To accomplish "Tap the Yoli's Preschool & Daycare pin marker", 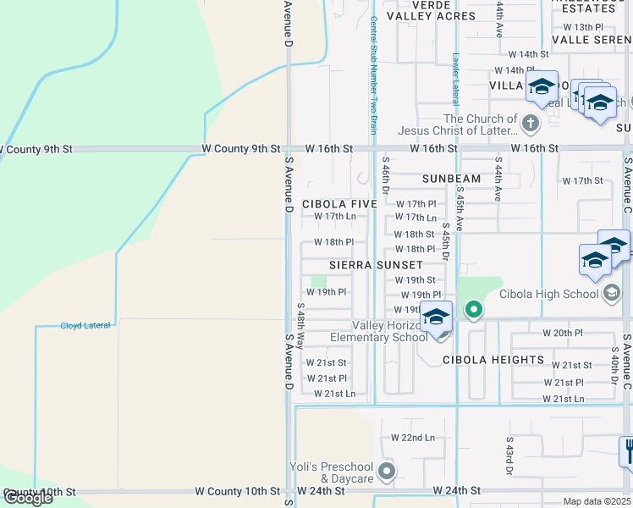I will point(387,471).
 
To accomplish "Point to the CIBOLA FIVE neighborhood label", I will point(339,204).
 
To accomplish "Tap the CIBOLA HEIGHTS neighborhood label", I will point(493,360).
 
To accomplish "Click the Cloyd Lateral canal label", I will point(85,325).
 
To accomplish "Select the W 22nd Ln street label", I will point(412,438).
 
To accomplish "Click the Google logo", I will point(27,498).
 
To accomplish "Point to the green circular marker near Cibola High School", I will point(474,310).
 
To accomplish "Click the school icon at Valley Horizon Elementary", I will point(436,318).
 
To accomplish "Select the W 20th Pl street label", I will point(563,333).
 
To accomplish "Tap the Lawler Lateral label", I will point(455,75).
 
